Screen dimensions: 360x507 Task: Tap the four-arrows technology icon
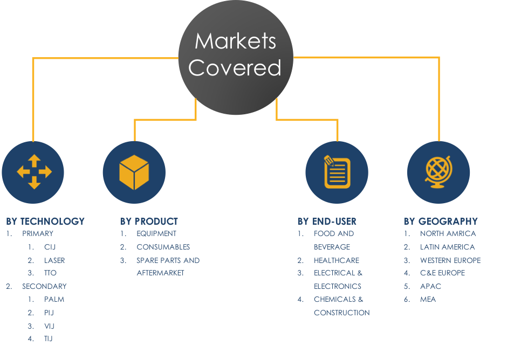click(x=33, y=172)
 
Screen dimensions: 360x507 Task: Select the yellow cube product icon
click(x=134, y=172)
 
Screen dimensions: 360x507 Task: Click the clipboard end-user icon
click(x=337, y=172)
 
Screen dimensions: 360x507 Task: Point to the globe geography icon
click(x=438, y=172)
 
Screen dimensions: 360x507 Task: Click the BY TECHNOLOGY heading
click(x=45, y=221)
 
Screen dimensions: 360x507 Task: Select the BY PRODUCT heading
click(x=149, y=221)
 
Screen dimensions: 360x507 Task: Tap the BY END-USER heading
click(x=327, y=221)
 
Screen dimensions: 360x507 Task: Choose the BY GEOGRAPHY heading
click(x=441, y=221)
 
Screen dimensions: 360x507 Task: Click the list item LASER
click(x=54, y=260)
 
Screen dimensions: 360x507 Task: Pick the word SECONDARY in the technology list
click(x=44, y=286)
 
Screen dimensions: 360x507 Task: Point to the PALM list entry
click(x=54, y=299)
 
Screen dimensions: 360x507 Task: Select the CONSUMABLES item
click(x=163, y=247)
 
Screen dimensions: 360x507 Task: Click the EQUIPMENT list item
click(x=156, y=233)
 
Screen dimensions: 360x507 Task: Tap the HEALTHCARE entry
click(x=337, y=260)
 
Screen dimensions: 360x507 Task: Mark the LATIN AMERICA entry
click(x=447, y=247)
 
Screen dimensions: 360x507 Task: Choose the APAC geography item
click(x=430, y=286)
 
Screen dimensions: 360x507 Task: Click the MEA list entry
click(x=428, y=299)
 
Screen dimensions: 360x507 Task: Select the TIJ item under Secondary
click(x=49, y=338)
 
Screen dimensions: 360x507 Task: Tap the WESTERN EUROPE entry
click(x=450, y=260)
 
